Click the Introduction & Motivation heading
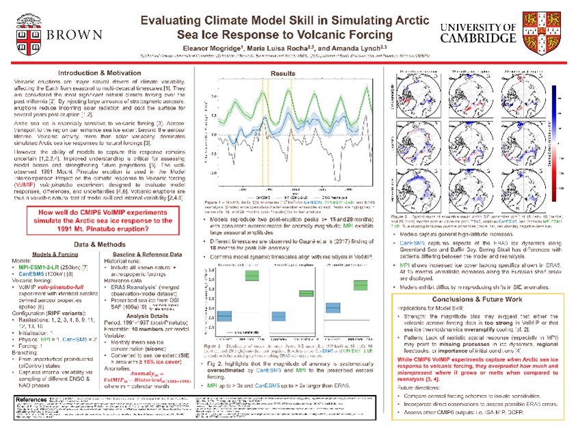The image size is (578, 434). pyautogui.click(x=100, y=73)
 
